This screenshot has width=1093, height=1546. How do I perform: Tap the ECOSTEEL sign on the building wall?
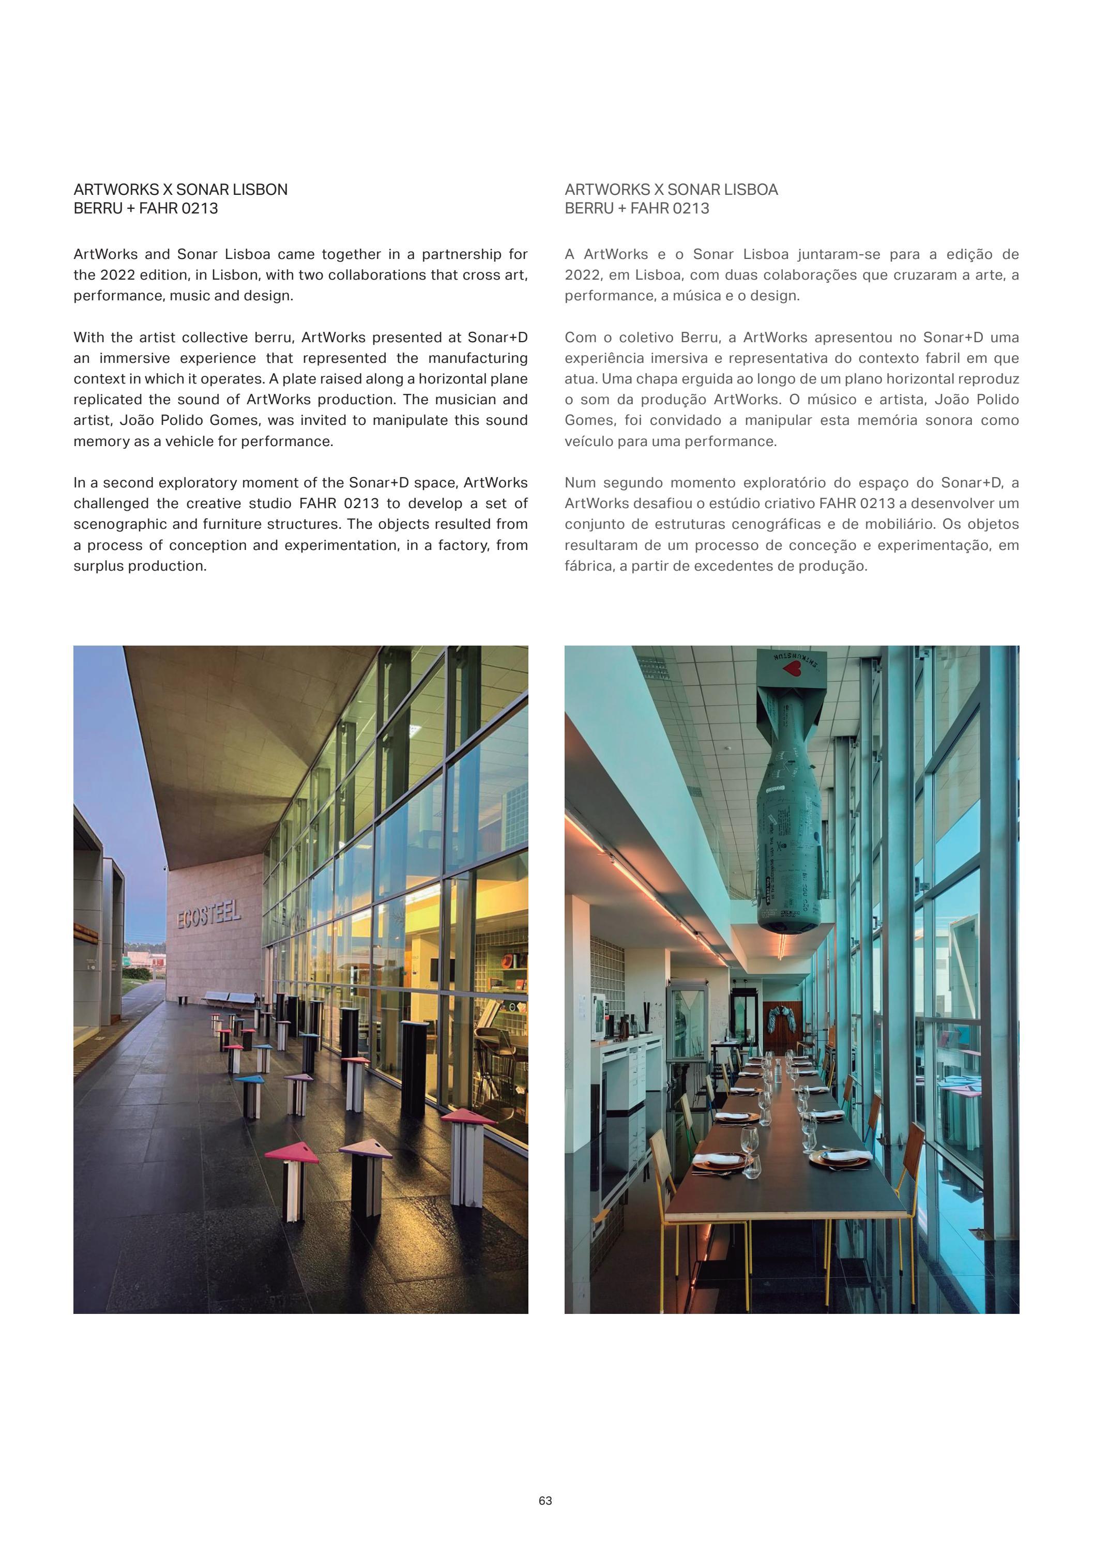(x=209, y=916)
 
